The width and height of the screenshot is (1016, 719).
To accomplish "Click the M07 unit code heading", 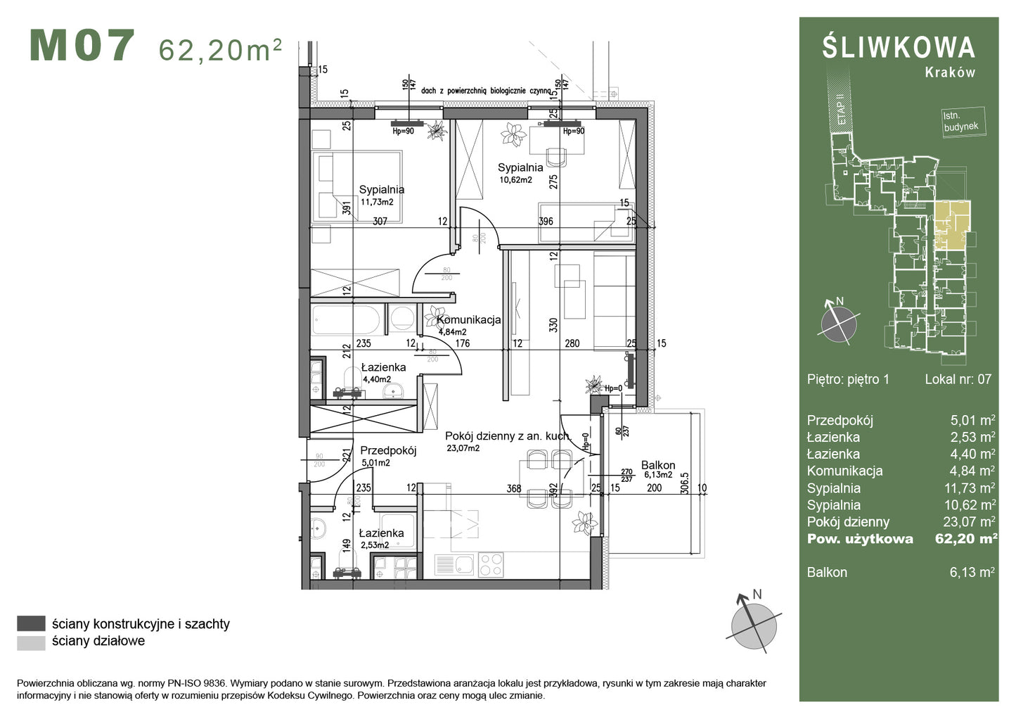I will pyautogui.click(x=82, y=46).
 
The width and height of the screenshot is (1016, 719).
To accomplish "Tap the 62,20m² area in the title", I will pyautogui.click(x=220, y=50).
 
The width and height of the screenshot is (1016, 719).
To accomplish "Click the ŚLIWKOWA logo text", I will pyautogui.click(x=899, y=47).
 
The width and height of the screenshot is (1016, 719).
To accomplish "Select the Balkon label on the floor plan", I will pyautogui.click(x=657, y=465).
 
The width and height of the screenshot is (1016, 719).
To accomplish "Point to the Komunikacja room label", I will pyautogui.click(x=469, y=319).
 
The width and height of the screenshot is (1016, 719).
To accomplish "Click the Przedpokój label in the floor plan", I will pyautogui.click(x=388, y=451).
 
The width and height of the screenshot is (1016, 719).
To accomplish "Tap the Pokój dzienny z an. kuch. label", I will pyautogui.click(x=508, y=436).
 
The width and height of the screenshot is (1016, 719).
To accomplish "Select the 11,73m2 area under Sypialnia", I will pyautogui.click(x=377, y=202).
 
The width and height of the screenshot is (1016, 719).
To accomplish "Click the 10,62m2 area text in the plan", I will pyautogui.click(x=515, y=180).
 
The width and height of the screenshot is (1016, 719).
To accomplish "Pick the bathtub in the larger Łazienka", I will pyautogui.click(x=347, y=320).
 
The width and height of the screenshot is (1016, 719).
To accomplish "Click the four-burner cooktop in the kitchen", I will pyautogui.click(x=490, y=563).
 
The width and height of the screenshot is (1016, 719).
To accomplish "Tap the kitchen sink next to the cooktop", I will pyautogui.click(x=455, y=564).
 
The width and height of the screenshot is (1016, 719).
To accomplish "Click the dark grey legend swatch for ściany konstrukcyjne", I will pyautogui.click(x=31, y=623).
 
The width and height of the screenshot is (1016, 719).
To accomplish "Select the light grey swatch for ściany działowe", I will pyautogui.click(x=31, y=642).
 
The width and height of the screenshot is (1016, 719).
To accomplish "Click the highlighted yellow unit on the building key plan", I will pyautogui.click(x=951, y=225).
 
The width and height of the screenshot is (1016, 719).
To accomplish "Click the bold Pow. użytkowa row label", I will pyautogui.click(x=859, y=539).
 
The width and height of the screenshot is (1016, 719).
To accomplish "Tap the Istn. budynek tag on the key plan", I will pyautogui.click(x=960, y=122).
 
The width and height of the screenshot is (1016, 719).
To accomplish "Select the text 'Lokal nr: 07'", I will pyautogui.click(x=958, y=379).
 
